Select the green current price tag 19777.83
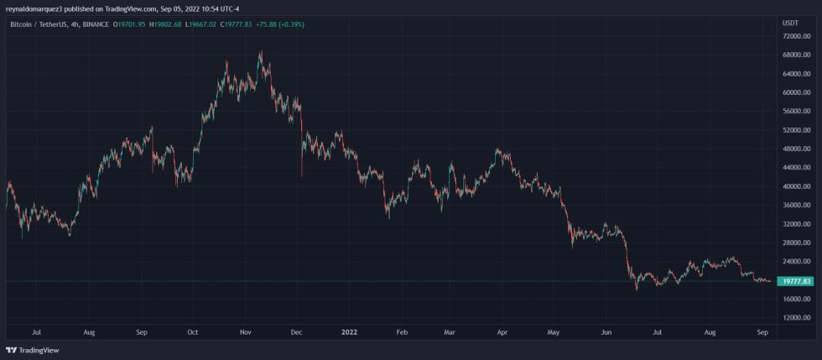794,281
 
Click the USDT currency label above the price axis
790,23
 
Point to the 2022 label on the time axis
351,332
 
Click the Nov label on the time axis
246,332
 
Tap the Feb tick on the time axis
402,332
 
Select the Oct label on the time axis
194,332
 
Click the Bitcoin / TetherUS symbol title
39,25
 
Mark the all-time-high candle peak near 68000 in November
262,51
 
